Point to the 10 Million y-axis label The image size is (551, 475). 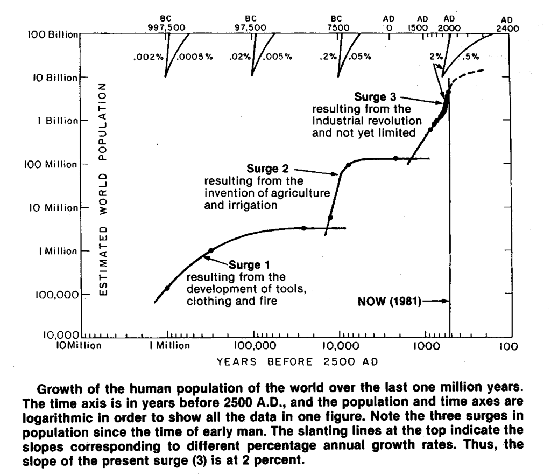55,208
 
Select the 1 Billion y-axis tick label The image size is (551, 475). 58,121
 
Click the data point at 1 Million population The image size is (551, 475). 210,250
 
